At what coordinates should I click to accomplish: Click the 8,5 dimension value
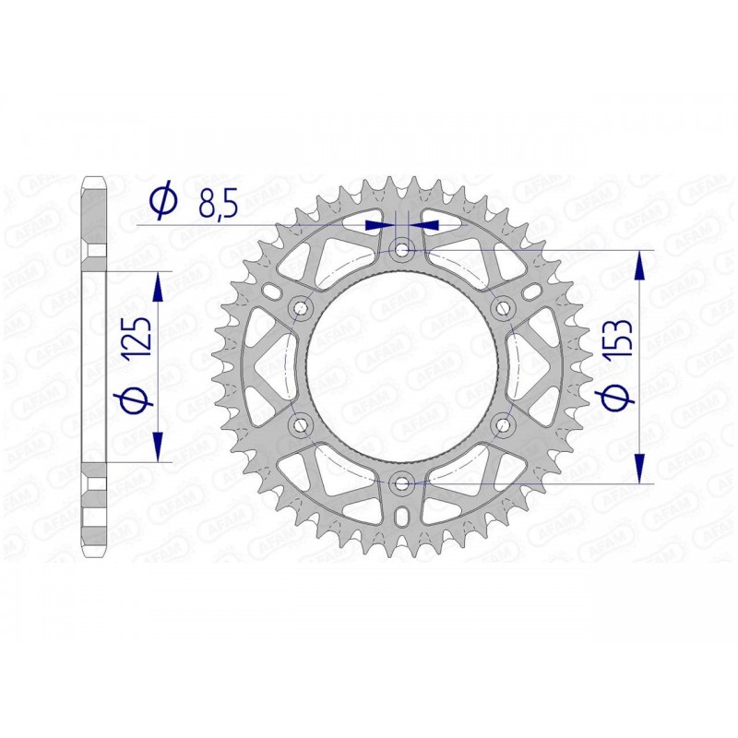(x=218, y=203)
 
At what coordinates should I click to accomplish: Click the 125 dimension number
(x=137, y=342)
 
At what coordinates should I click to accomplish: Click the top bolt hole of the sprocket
(x=402, y=248)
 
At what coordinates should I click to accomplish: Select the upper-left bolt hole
(x=300, y=306)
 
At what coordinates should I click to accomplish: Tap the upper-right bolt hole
(x=504, y=306)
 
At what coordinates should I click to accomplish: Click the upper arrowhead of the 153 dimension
(x=639, y=266)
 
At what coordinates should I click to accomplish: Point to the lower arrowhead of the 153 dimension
(x=639, y=466)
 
